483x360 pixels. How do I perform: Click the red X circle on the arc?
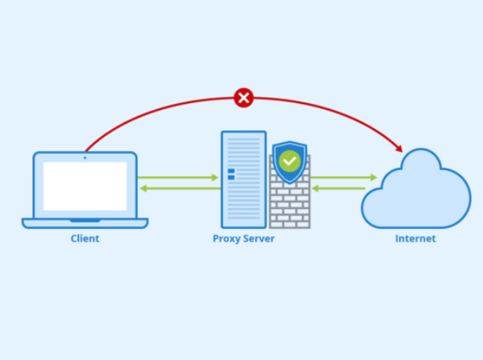pyautogui.click(x=244, y=97)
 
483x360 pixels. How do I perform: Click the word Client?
pyautogui.click(x=85, y=239)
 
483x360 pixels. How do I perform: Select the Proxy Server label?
pyautogui.click(x=244, y=239)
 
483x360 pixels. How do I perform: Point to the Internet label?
pyautogui.click(x=415, y=239)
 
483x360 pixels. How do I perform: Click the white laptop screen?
pyautogui.click(x=85, y=186)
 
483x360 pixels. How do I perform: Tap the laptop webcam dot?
pyautogui.click(x=85, y=156)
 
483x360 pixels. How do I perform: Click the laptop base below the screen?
pyautogui.click(x=85, y=222)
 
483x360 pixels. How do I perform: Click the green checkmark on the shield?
pyautogui.click(x=290, y=160)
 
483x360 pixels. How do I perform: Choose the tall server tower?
pyautogui.click(x=243, y=179)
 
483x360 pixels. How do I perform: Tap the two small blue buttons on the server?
pyautogui.click(x=231, y=174)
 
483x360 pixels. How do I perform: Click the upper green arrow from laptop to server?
pyautogui.click(x=177, y=177)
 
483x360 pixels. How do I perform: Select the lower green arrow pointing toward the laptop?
pyautogui.click(x=177, y=188)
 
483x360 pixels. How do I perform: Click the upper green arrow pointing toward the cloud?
pyautogui.click(x=343, y=177)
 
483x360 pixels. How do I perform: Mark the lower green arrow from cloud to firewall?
pyautogui.click(x=343, y=188)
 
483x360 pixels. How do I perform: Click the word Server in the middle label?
pyautogui.click(x=258, y=239)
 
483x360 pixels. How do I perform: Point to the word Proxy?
pyautogui.click(x=226, y=239)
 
